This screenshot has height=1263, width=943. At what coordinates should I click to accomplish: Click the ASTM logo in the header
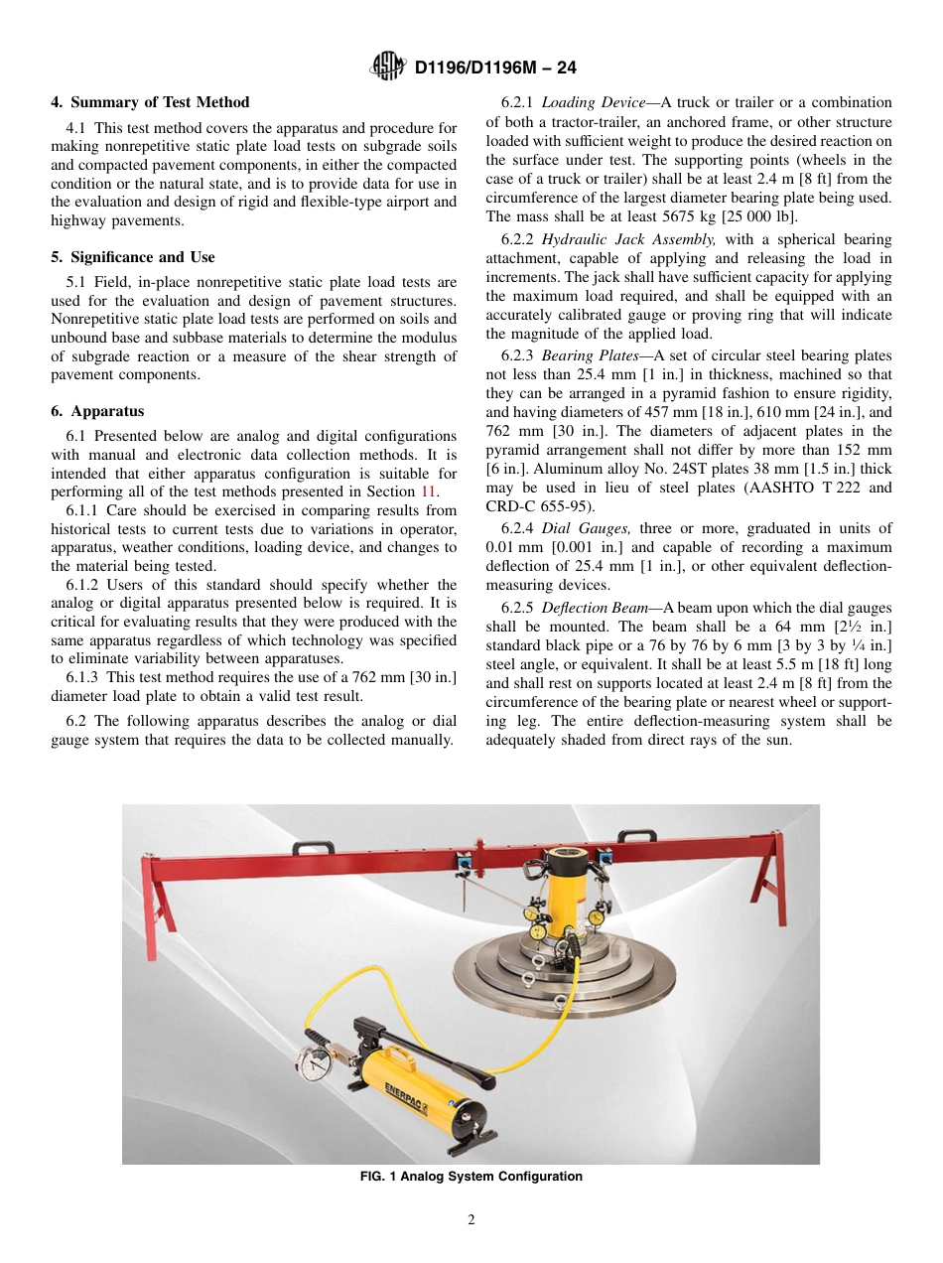387,67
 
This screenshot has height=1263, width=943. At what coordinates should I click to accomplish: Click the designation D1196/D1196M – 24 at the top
494,68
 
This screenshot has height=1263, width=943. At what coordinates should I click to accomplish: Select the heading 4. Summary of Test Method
150,102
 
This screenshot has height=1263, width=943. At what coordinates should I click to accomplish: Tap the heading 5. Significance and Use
133,257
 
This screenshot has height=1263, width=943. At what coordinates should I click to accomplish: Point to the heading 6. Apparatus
97,411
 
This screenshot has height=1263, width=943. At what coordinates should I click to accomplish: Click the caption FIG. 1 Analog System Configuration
471,1177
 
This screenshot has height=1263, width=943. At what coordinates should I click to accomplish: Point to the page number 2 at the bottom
471,1220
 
